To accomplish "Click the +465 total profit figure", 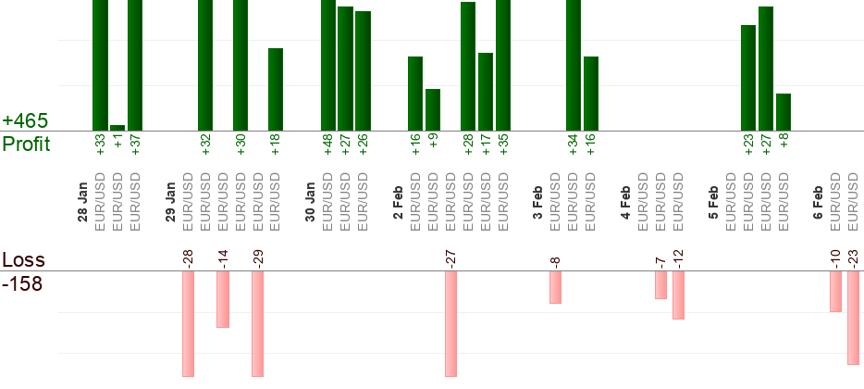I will (25, 121).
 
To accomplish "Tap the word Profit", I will (27, 144).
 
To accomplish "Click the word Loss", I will (24, 260).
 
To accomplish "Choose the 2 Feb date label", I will (398, 204).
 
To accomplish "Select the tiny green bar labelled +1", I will (117, 128).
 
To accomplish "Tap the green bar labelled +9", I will (433, 109).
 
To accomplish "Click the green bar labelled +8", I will (784, 112).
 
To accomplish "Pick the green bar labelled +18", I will (276, 89).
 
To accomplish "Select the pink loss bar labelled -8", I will (555, 287).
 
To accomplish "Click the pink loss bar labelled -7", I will (660, 285).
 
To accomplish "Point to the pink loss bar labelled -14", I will (223, 299).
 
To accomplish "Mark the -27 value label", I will (451, 257).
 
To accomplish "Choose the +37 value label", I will (135, 146).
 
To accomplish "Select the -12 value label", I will (678, 257).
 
